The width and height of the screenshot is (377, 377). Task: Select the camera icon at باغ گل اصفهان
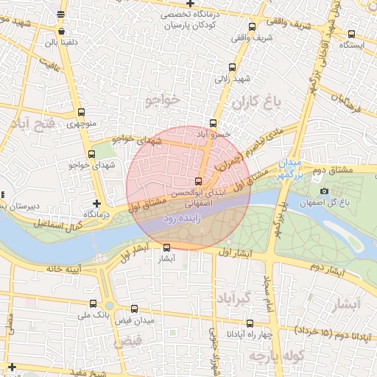[x=325, y=191]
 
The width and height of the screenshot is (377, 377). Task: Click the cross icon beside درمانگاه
[x=96, y=202]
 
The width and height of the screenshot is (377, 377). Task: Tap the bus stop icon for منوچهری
[x=81, y=113]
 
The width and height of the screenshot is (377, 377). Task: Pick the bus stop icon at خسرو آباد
[x=214, y=123]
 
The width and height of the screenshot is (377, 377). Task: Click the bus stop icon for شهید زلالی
[x=233, y=66]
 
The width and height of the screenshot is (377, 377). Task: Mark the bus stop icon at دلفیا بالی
[x=60, y=32]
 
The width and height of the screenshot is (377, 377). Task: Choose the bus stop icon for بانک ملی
[x=92, y=303]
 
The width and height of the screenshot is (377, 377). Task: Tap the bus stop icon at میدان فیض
[x=134, y=309]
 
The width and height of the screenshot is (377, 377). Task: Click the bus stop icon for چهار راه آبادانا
[x=250, y=323]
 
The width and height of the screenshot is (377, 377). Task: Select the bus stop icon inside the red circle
[x=198, y=181]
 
